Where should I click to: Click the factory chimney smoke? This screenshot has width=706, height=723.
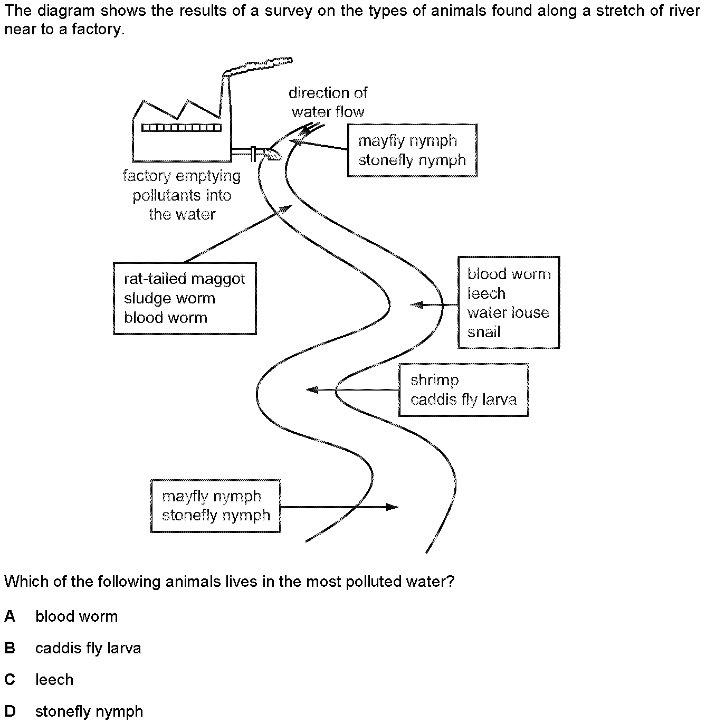pyautogui.click(x=259, y=66)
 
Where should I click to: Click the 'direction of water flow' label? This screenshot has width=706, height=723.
pyautogui.click(x=328, y=102)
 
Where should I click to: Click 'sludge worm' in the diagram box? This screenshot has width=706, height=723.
pyautogui.click(x=169, y=298)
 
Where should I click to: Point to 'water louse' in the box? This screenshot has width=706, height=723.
pyautogui.click(x=508, y=312)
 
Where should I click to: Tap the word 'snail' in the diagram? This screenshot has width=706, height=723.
pyautogui.click(x=484, y=332)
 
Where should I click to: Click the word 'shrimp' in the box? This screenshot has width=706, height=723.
pyautogui.click(x=434, y=380)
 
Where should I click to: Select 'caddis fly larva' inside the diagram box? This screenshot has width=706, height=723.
pyautogui.click(x=463, y=399)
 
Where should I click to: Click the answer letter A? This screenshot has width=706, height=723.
pyautogui.click(x=9, y=616)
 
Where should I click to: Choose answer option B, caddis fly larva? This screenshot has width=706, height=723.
pyautogui.click(x=88, y=648)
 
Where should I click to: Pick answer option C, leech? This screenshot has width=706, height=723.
pyautogui.click(x=54, y=680)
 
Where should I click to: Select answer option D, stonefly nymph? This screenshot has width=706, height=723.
pyautogui.click(x=89, y=711)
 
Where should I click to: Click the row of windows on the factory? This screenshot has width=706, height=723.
pyautogui.click(x=181, y=127)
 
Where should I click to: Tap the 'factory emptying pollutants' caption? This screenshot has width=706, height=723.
pyautogui.click(x=182, y=195)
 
